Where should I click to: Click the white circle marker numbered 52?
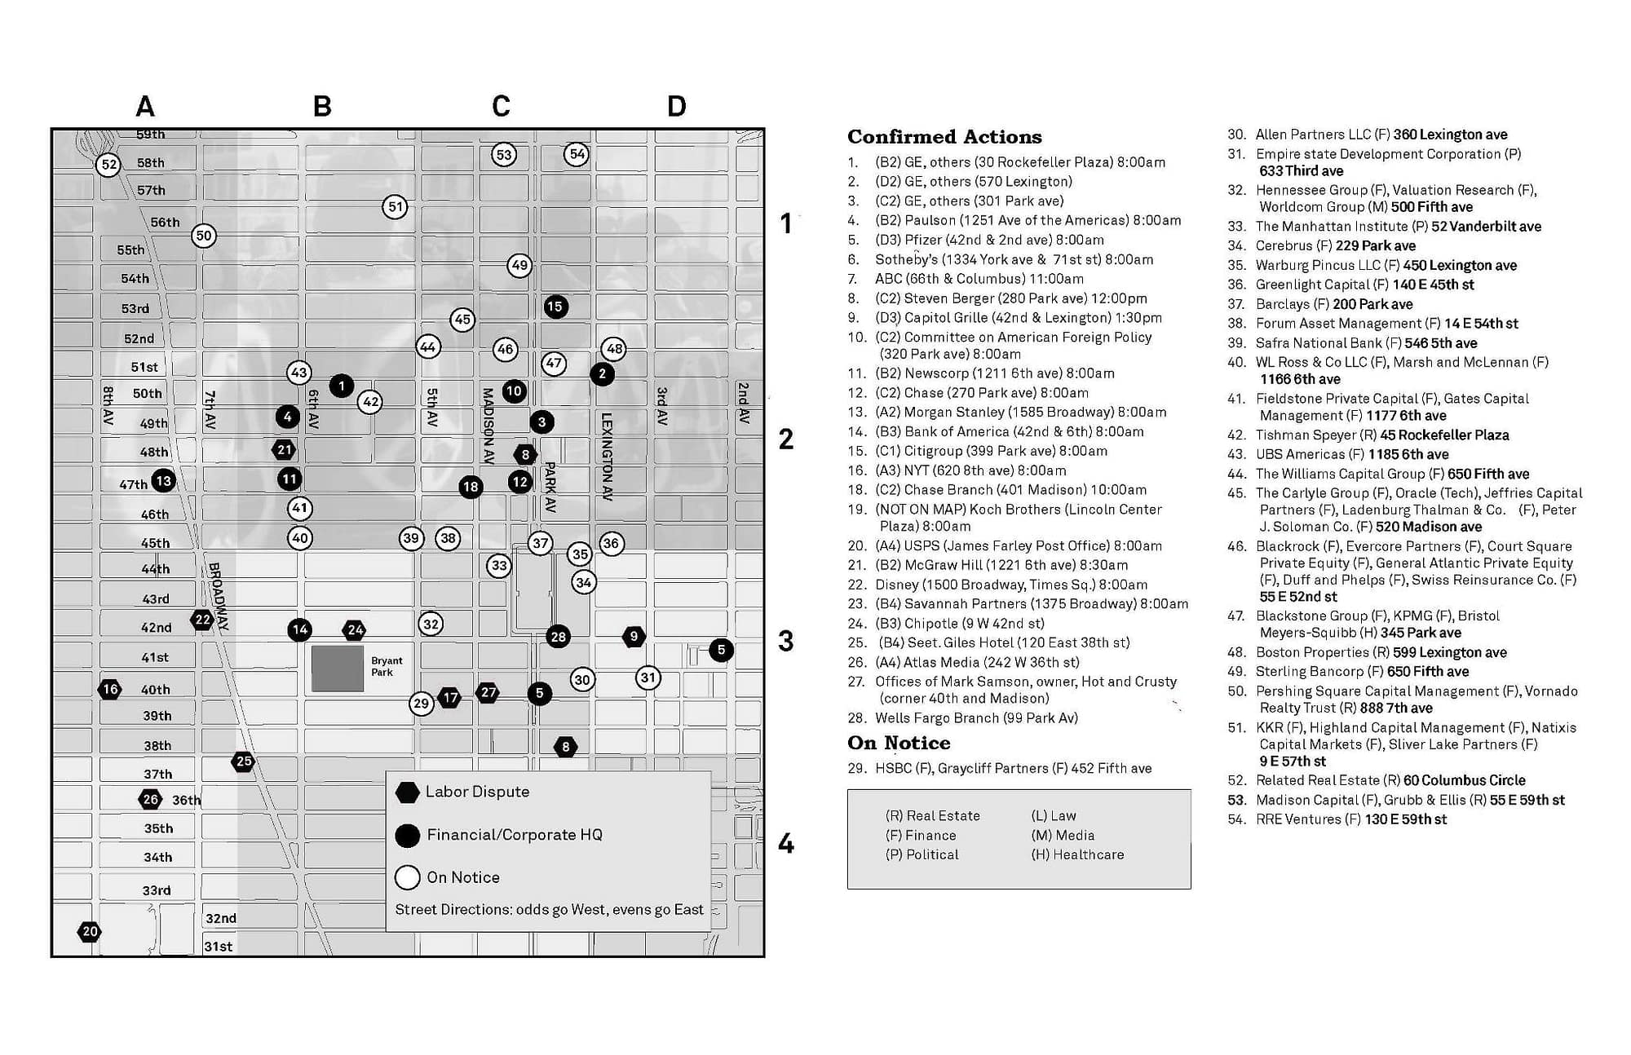[108, 165]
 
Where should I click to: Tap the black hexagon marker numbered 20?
[90, 931]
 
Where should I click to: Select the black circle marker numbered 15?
[555, 307]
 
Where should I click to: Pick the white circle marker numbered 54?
[577, 153]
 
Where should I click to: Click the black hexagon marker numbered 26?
[150, 799]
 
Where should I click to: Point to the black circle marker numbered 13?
[163, 480]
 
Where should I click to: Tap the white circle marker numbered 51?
[396, 206]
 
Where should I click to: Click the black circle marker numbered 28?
[558, 636]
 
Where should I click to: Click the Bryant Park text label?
[387, 666]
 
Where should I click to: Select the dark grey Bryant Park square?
[338, 669]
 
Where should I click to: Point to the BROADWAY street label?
[218, 597]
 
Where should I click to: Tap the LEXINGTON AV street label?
[607, 457]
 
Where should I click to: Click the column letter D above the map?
[676, 106]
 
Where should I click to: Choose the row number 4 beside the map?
[785, 843]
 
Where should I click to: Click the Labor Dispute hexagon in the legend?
[407, 792]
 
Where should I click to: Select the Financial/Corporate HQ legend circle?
[407, 835]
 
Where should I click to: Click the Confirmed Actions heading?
[944, 136]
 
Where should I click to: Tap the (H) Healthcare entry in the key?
[1077, 854]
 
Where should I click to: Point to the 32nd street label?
[221, 918]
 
